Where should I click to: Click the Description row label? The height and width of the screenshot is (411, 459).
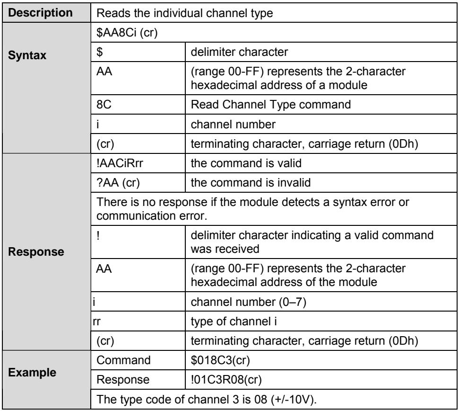(x=40, y=13)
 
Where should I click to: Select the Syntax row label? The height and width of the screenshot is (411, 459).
(x=27, y=55)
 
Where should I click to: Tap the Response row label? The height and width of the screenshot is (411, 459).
(x=36, y=252)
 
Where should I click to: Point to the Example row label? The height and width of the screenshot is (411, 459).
(x=32, y=372)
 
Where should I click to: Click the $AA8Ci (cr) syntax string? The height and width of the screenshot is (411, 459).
(x=127, y=33)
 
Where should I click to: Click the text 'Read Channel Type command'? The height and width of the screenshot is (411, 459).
(x=271, y=105)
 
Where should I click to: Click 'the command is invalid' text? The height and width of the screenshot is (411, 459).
(x=251, y=183)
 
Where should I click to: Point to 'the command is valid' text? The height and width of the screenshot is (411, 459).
(x=246, y=163)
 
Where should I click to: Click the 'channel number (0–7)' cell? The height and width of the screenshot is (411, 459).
(x=249, y=302)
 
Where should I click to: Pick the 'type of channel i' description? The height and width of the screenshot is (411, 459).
(x=234, y=322)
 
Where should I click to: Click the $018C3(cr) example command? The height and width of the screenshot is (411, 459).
(x=220, y=360)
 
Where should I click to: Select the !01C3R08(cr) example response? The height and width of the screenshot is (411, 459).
(x=226, y=380)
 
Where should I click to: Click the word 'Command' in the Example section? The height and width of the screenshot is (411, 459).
(x=123, y=360)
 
